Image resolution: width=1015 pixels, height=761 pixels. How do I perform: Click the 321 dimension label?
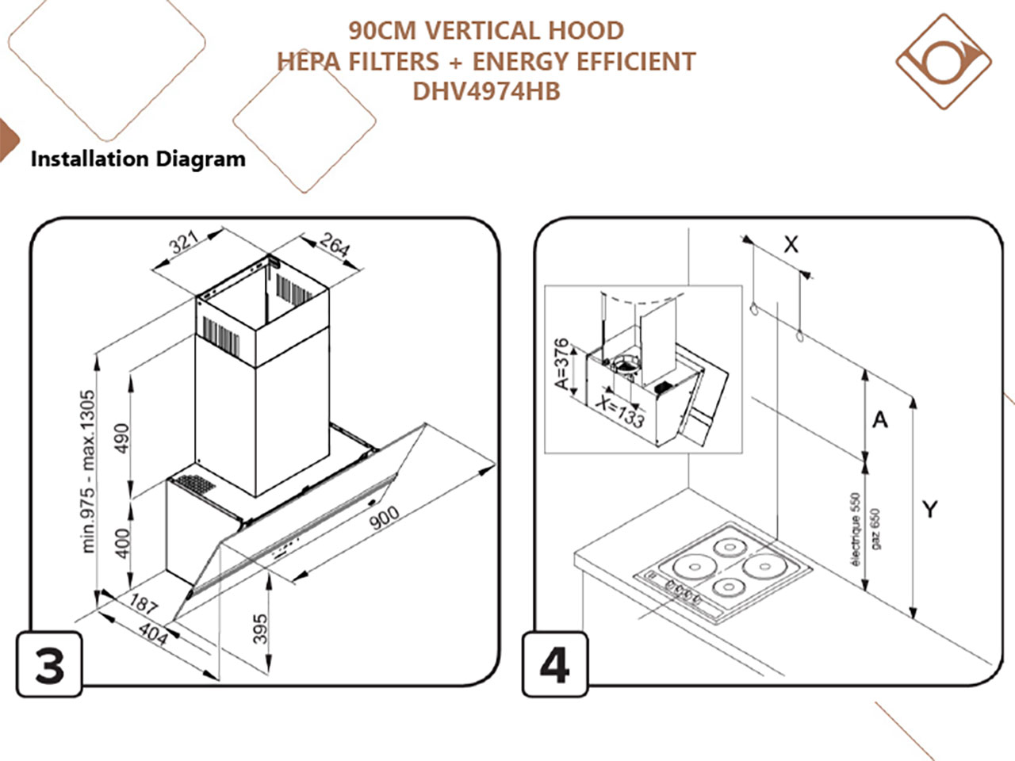coord(184,241)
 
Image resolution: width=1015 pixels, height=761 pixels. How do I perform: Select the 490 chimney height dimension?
coord(121,439)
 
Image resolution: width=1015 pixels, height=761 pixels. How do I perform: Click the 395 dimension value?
coord(259,629)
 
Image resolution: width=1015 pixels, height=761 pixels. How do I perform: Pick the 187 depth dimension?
coord(144,603)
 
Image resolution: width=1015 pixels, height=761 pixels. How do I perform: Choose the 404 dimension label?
coord(153,633)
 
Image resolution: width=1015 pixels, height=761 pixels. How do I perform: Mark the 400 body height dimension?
coord(121,543)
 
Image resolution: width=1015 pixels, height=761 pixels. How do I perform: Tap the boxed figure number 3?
coord(49,664)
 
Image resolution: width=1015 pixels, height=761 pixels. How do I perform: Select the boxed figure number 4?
coord(554,664)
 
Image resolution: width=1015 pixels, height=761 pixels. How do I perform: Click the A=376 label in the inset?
coord(561,365)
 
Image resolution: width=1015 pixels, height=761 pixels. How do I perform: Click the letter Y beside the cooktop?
coord(930,509)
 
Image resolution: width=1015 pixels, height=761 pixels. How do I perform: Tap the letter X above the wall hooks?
coord(791,245)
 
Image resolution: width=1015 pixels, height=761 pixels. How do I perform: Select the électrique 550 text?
coord(855,529)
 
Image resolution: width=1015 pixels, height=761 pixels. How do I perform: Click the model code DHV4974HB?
coord(486,91)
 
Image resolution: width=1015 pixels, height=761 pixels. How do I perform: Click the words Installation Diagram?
coord(138,159)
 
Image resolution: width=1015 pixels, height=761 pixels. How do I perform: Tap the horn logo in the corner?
coord(944,61)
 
